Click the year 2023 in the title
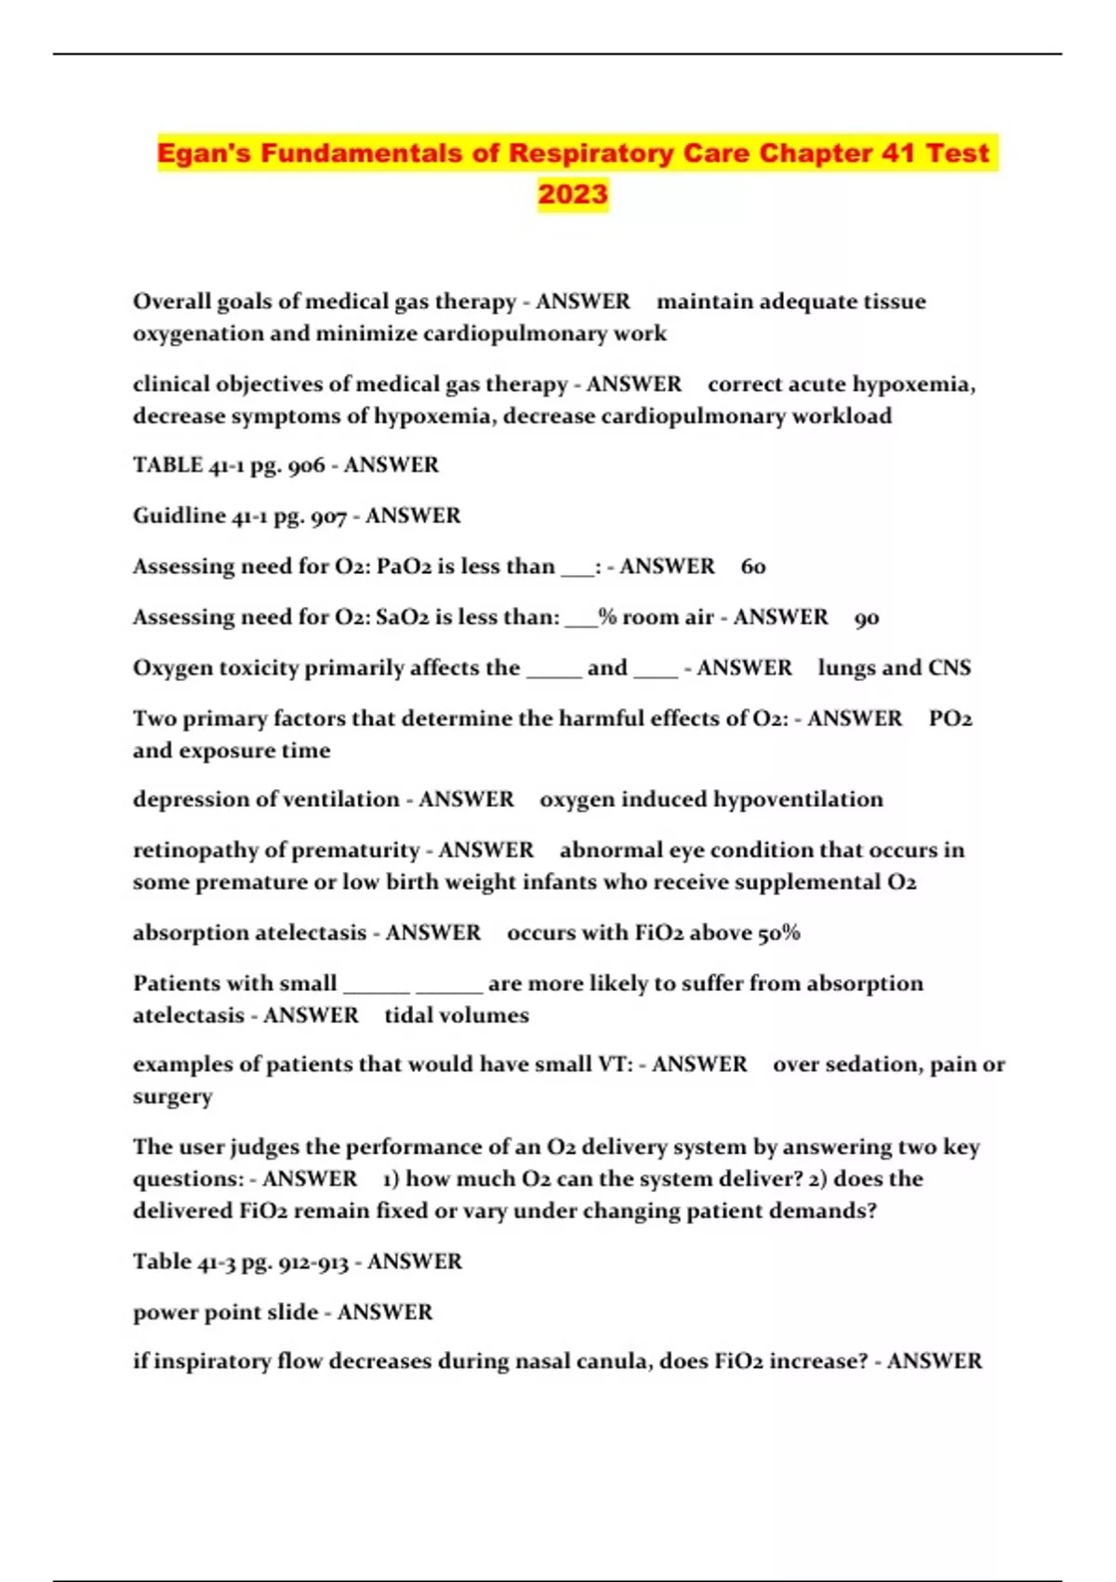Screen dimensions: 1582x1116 coord(573,194)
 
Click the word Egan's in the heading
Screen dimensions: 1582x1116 coord(204,154)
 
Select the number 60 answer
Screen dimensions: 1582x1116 coord(753,567)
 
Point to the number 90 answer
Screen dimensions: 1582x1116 coord(867,618)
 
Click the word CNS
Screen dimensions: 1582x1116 coord(950,668)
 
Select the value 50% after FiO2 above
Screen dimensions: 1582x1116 coord(779,933)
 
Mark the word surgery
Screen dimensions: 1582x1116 coord(172,1097)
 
